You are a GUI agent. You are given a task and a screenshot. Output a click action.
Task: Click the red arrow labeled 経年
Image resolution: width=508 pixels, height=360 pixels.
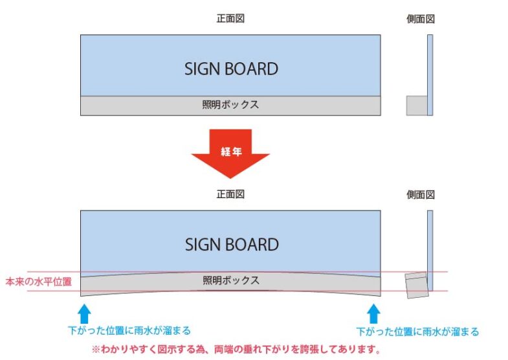tap(230, 154)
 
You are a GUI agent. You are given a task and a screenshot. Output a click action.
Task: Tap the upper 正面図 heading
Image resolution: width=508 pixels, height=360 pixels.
tap(230, 19)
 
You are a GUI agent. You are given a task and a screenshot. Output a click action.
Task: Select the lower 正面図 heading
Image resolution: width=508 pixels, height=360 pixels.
tap(230, 194)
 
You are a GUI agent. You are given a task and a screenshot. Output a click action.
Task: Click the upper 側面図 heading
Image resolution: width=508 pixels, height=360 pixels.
tap(421, 19)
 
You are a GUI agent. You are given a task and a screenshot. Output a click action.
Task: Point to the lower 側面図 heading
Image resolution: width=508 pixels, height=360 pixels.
tap(421, 194)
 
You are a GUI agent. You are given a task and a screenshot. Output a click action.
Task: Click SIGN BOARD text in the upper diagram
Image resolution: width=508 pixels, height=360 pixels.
tap(231, 69)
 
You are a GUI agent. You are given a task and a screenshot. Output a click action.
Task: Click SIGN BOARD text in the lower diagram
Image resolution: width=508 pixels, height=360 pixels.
tap(232, 244)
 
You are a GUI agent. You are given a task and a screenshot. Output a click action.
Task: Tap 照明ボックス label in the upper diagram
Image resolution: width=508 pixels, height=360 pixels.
tap(230, 104)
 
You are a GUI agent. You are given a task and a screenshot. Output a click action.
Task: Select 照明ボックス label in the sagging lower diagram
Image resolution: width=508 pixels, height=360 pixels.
tap(231, 280)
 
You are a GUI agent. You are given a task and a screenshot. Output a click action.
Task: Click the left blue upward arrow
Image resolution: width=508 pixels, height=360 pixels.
tap(84, 313)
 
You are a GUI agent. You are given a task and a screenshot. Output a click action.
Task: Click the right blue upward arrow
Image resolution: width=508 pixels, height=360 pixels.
tap(373, 313)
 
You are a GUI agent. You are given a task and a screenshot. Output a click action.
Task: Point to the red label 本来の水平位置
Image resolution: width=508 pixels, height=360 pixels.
tap(39, 282)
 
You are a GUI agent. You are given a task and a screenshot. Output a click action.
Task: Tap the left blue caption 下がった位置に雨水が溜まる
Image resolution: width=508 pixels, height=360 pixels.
tap(129, 330)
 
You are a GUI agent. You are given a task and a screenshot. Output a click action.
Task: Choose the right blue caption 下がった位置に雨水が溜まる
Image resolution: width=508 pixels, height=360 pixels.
tap(417, 332)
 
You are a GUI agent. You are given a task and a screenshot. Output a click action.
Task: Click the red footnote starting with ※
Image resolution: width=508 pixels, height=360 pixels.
tap(236, 349)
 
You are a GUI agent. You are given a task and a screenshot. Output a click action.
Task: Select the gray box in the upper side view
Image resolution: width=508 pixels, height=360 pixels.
tap(417, 106)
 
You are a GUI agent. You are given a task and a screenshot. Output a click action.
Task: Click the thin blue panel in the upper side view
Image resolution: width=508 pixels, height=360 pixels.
tap(430, 75)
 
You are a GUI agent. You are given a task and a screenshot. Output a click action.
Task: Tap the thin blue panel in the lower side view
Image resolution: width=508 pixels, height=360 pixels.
tap(430, 251)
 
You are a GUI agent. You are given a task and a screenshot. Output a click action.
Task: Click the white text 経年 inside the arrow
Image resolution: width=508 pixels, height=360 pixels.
tap(231, 152)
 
